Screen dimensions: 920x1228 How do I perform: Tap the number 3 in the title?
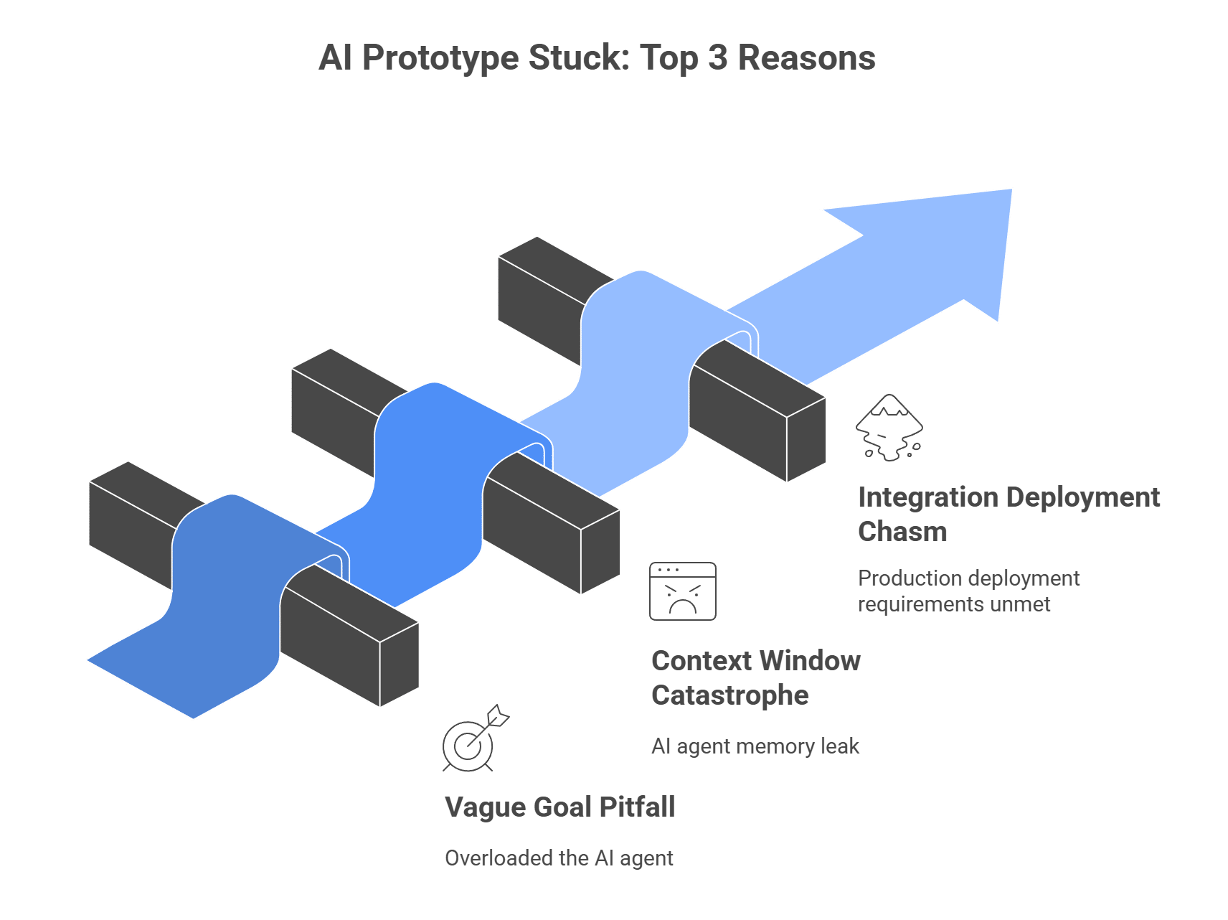pyautogui.click(x=717, y=57)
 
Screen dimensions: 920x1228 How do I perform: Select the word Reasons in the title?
pyautogui.click(x=806, y=57)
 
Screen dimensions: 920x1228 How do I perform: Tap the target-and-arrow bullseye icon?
pyautogui.click(x=473, y=739)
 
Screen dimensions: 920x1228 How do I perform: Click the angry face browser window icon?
pyautogui.click(x=683, y=591)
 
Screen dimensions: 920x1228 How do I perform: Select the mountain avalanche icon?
pyautogui.click(x=889, y=428)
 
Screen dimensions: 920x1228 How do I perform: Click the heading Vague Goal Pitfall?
pyautogui.click(x=559, y=807)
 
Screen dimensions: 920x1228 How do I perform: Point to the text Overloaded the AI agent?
pyautogui.click(x=559, y=858)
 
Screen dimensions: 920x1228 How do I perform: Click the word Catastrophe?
pyautogui.click(x=729, y=695)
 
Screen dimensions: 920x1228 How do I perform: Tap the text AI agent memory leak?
pyautogui.click(x=755, y=746)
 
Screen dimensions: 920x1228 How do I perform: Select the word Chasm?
pyautogui.click(x=902, y=532)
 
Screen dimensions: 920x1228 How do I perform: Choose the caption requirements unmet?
pyautogui.click(x=953, y=604)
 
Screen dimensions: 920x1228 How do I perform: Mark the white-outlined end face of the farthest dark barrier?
pyautogui.click(x=806, y=439)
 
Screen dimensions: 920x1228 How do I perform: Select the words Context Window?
pyautogui.click(x=755, y=661)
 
